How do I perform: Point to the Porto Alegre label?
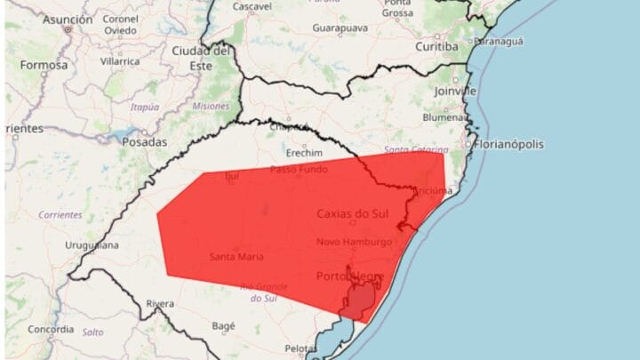350,276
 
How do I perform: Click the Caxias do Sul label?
353,213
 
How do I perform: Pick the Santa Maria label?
236,257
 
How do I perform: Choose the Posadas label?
145,141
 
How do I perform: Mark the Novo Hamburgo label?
353,242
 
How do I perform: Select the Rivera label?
160,303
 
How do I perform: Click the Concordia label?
51,328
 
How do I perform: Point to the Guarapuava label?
340,28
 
